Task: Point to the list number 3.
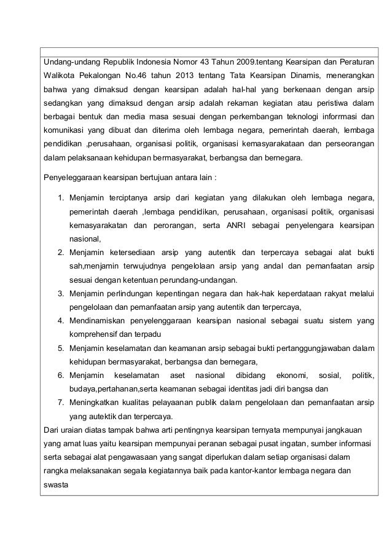[x=60, y=293]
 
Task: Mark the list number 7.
[x=60, y=402]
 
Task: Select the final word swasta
[x=55, y=484]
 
